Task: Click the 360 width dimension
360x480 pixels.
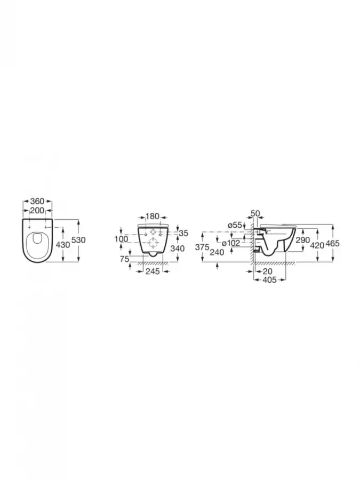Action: point(37,202)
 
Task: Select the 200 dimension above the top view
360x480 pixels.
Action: point(37,211)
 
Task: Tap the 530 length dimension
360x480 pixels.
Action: point(78,240)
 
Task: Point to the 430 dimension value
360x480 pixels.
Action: point(63,244)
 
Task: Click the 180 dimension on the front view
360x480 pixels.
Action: point(153,217)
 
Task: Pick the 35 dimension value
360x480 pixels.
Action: point(183,233)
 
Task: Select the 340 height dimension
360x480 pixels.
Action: point(178,248)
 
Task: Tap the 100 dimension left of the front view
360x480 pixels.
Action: point(122,239)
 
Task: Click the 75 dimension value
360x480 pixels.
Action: point(125,259)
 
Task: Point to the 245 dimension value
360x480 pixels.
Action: point(153,271)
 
